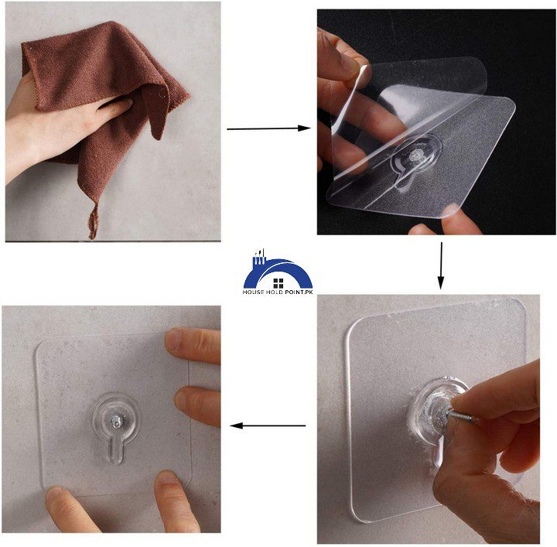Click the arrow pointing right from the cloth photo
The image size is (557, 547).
268,128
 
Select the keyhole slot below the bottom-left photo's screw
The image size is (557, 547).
114,449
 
